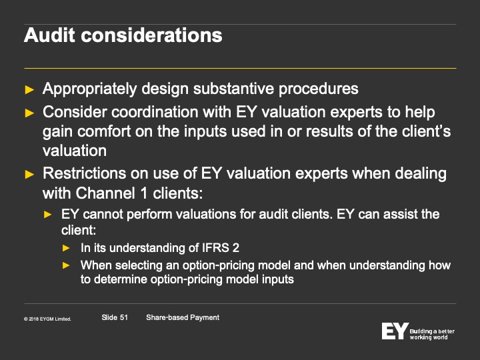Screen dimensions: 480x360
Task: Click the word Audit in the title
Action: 49,35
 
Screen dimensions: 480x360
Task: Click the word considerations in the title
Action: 151,35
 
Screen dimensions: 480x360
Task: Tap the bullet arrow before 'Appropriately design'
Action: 29,90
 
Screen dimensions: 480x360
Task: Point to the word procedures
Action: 319,89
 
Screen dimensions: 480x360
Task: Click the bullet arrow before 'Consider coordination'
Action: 29,113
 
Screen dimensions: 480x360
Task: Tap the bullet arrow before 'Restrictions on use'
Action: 29,175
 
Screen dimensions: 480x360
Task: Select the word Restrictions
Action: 84,173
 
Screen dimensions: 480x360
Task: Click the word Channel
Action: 105,193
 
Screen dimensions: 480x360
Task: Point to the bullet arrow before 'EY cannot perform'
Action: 48,215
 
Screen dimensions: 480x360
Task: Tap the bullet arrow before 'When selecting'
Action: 66,265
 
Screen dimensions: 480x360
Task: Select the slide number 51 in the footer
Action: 124,317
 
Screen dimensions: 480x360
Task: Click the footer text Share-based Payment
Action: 183,317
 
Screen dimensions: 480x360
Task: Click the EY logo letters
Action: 395,331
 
